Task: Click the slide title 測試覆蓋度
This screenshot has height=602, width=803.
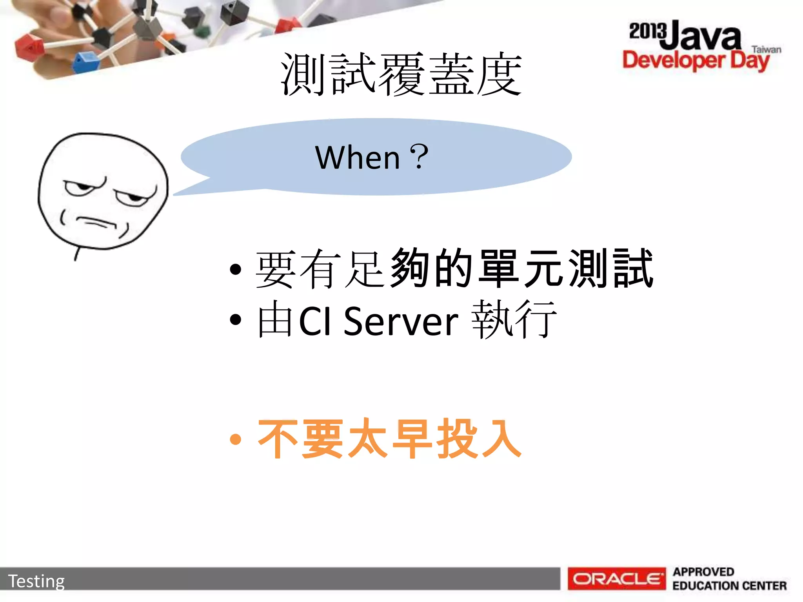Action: point(401,74)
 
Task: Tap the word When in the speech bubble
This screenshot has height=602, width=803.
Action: point(357,158)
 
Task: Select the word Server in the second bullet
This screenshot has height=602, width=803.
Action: point(401,321)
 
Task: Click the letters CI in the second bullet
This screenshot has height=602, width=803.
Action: point(315,321)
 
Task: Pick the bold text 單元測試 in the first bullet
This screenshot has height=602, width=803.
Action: point(566,269)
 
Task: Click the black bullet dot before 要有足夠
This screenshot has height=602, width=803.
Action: point(235,269)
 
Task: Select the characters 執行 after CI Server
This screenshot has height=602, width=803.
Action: point(514,319)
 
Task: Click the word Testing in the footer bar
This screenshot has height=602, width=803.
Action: point(36,581)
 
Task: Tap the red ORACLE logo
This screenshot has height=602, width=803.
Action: point(616,578)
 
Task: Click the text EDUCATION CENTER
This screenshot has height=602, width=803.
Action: point(729,586)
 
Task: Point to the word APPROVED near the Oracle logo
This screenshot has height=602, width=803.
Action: point(703,572)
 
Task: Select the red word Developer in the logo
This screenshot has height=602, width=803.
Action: point(674,60)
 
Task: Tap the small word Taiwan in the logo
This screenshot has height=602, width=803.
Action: point(766,50)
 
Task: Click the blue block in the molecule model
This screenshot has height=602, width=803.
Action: point(85,63)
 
